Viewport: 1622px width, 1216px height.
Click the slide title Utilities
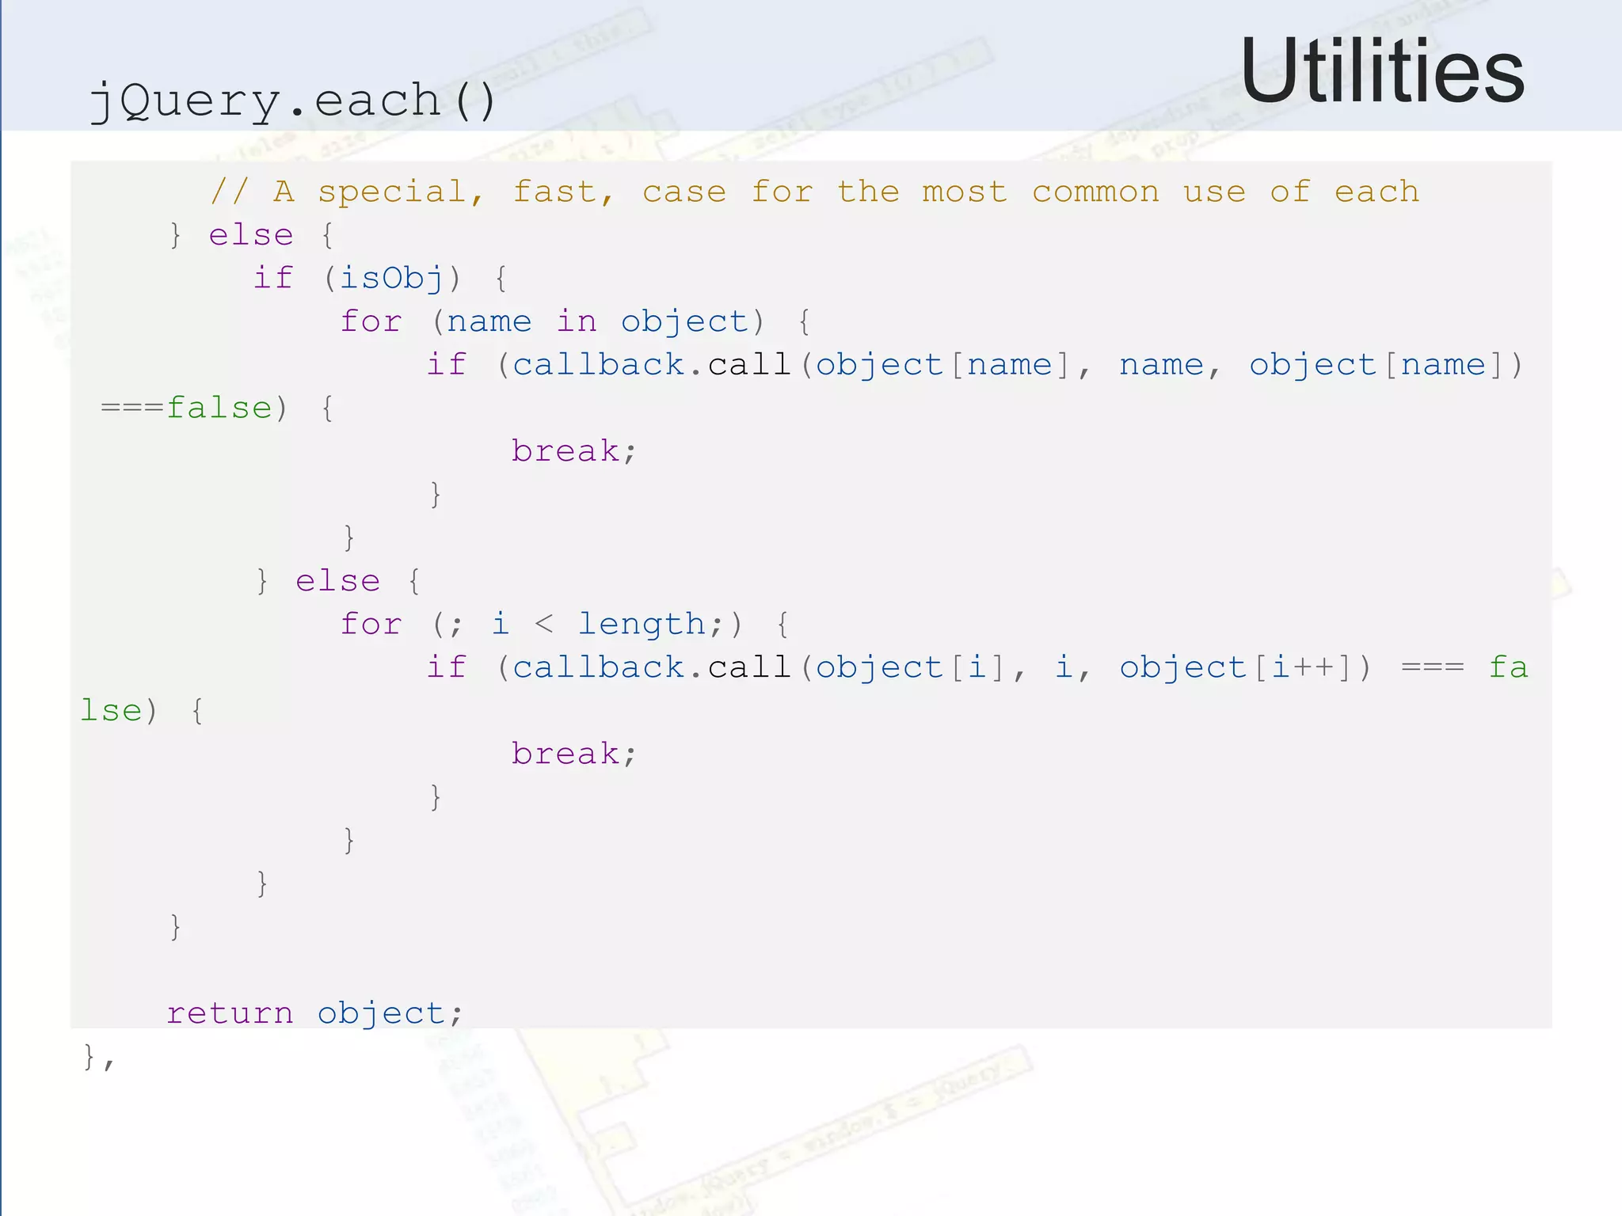(1381, 71)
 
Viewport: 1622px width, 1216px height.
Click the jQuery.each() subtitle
(292, 101)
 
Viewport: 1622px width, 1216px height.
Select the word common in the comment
(1095, 192)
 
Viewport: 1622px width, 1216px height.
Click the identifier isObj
(391, 279)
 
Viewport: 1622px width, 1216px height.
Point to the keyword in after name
(577, 322)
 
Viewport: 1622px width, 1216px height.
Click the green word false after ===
(219, 408)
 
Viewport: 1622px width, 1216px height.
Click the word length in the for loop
(642, 625)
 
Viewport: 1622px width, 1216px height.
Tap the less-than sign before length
(543, 625)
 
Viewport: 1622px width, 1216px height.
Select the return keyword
(230, 1014)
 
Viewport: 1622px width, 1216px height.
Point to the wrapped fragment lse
(111, 711)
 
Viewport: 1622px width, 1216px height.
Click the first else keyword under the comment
(251, 236)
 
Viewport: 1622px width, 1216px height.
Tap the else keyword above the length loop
(337, 582)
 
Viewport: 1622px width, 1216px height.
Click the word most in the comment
(965, 192)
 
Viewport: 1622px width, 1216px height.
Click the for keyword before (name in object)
(371, 322)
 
